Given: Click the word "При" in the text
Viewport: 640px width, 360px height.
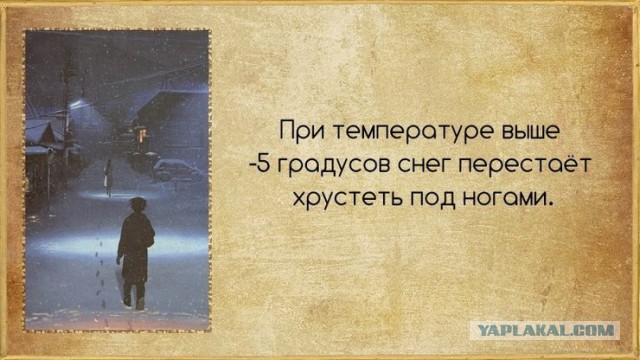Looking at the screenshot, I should pos(302,130).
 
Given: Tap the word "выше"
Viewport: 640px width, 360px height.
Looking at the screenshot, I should pos(510,130).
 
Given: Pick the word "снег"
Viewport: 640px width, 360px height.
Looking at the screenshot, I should pos(415,165).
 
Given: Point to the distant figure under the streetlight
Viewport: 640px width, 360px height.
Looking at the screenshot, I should pos(108,176).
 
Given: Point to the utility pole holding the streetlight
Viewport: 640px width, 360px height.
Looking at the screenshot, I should pos(67,110).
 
